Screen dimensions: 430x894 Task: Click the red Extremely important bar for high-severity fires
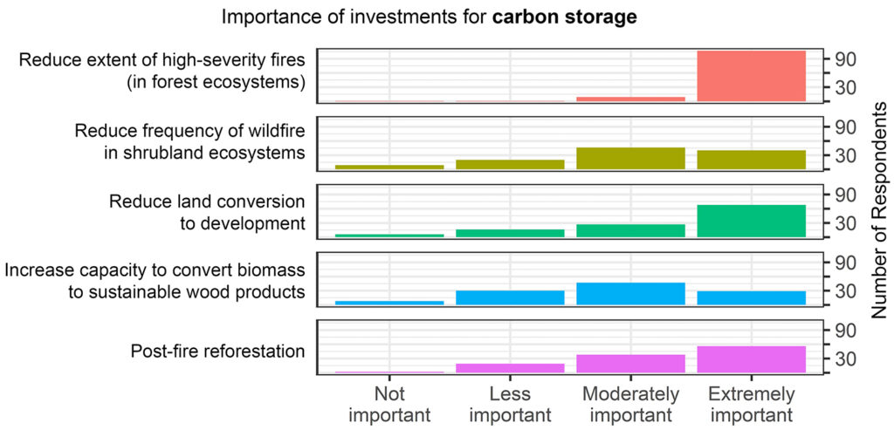pos(751,77)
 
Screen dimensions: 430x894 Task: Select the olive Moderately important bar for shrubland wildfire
pos(630,158)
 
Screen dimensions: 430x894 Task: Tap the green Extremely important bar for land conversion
pos(751,221)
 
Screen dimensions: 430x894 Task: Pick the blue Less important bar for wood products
pos(510,297)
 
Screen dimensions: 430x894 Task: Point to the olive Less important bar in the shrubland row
pos(510,164)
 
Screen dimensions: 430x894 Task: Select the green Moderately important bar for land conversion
pos(630,230)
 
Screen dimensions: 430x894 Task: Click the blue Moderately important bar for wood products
pos(630,294)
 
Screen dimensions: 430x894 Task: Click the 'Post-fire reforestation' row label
pos(217,352)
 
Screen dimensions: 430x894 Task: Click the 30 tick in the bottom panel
pos(844,358)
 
